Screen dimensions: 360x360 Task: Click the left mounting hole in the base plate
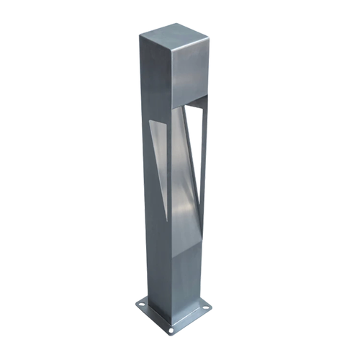(142, 305)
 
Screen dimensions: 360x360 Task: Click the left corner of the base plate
(135, 304)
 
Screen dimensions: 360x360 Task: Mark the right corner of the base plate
(212, 308)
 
